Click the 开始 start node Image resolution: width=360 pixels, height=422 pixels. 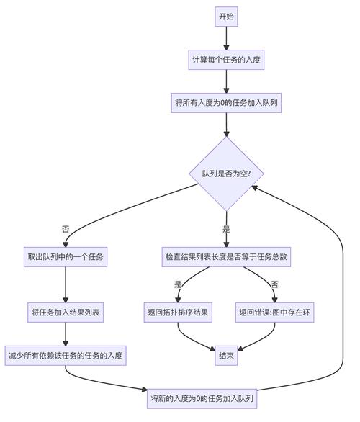tap(226, 17)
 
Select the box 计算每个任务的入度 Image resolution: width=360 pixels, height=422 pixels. tap(226, 60)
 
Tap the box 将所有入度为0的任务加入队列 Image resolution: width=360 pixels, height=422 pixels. tap(226, 103)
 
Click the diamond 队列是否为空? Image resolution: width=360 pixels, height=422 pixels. tap(226, 174)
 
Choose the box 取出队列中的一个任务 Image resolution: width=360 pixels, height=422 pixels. tap(66, 257)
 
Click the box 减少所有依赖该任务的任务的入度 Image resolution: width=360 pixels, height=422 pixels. tap(66, 355)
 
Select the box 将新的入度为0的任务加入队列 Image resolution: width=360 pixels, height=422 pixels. tap(202, 398)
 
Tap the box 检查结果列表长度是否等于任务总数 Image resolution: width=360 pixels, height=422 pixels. tap(226, 257)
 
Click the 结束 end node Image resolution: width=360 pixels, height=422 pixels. tap(226, 355)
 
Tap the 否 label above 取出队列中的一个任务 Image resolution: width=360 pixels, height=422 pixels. tap(66, 229)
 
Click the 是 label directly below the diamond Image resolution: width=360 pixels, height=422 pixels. tap(226, 229)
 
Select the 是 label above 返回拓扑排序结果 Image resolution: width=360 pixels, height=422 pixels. tap(178, 284)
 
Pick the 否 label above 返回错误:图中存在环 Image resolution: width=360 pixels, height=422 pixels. tap(274, 284)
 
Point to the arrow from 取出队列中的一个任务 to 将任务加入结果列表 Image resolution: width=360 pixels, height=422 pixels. tap(66, 284)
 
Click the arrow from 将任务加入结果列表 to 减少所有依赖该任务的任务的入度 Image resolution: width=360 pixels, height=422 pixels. tap(66, 333)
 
